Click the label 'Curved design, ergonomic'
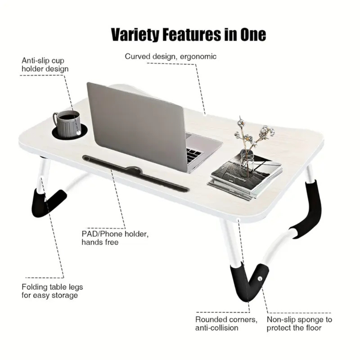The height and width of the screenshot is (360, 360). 171,56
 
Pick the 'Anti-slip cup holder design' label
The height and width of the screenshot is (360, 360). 45,65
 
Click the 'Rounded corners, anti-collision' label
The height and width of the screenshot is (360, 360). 226,323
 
